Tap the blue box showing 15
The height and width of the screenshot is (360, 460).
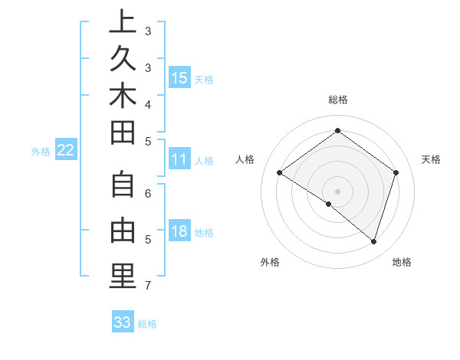tap(179, 77)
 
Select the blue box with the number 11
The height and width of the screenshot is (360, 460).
tap(179, 159)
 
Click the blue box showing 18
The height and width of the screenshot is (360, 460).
tap(179, 231)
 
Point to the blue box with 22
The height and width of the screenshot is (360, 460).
tap(66, 150)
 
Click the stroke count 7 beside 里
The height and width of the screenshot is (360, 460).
tap(147, 286)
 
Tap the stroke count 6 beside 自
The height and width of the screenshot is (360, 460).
tap(147, 194)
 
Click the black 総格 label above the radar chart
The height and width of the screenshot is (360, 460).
tap(337, 100)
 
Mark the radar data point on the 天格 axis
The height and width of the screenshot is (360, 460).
tap(396, 172)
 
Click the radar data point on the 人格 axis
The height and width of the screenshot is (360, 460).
tap(279, 172)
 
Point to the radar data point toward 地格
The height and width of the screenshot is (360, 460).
tap(373, 241)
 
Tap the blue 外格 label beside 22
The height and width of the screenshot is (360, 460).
tap(41, 152)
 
